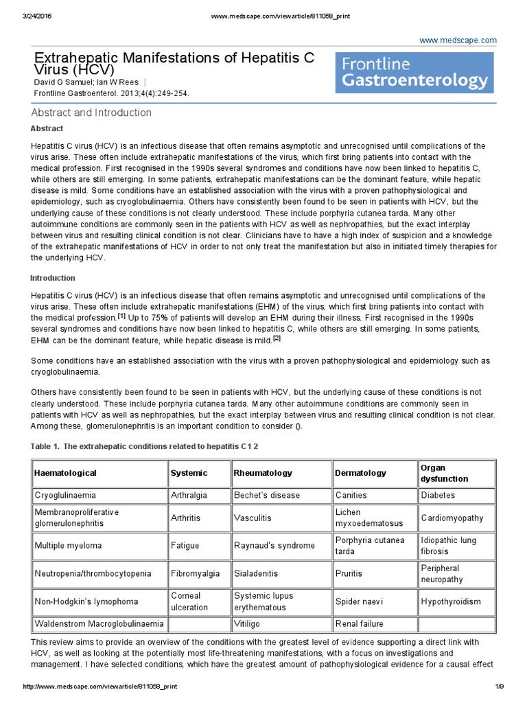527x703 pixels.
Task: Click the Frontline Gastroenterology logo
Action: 414,73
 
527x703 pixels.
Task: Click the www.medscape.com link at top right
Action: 458,41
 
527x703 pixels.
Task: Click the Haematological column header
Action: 66,473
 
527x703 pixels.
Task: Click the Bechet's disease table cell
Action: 267,495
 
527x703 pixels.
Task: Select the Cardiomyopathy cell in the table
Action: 452,518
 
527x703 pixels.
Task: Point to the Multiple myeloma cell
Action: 68,546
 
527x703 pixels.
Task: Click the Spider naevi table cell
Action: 359,601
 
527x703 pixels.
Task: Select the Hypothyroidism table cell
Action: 451,601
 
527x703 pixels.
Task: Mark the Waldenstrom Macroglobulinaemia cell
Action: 99,624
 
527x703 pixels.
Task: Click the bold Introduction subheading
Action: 53,278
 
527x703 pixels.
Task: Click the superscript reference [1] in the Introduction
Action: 121,316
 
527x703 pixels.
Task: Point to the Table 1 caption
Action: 144,446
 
